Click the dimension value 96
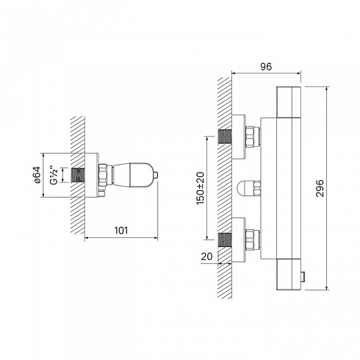tap(266, 67)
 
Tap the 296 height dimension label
tap(320, 188)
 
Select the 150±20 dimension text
tap(200, 188)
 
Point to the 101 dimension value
tap(121, 231)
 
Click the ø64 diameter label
tap(37, 175)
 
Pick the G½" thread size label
tap(54, 175)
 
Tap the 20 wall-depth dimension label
tap(206, 256)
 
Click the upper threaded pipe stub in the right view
tap(225, 137)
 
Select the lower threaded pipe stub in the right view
tap(225, 240)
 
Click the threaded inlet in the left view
tap(78, 176)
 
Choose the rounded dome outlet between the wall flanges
tap(245, 188)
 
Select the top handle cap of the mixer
tap(289, 102)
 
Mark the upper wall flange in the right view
tap(238, 137)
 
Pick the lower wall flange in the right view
tap(238, 240)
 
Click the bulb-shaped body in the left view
tap(133, 175)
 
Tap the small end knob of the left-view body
tap(156, 175)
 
